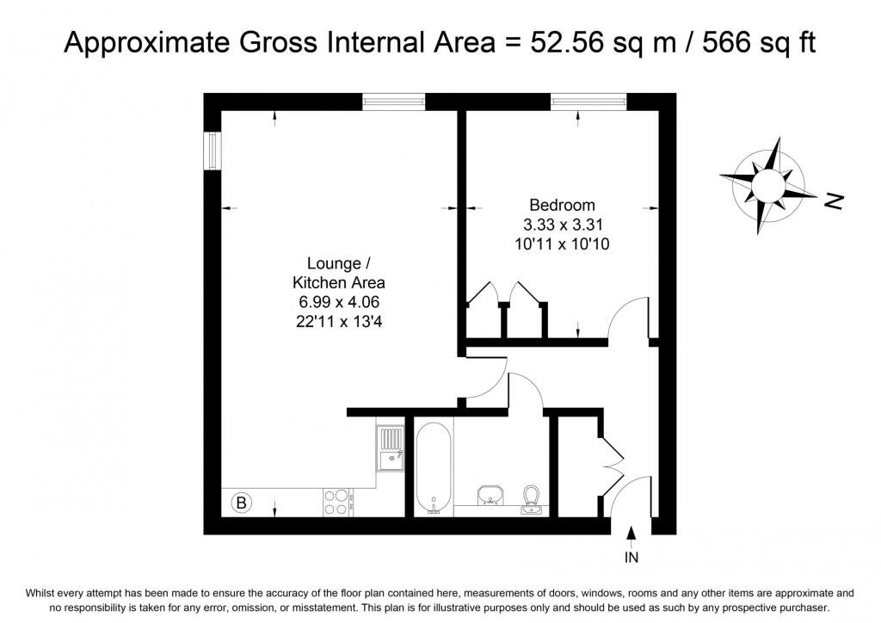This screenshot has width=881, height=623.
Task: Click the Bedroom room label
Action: coord(562,205)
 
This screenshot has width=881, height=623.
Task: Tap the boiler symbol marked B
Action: coord(242,503)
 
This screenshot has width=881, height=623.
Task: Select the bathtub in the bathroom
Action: coord(434,468)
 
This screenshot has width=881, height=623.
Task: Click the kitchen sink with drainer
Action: coord(390,448)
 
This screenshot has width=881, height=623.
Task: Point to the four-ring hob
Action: coord(336,503)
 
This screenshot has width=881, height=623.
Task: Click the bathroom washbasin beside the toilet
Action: coord(490,496)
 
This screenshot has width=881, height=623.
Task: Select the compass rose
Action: coord(768,185)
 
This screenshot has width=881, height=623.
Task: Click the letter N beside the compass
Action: coord(835,201)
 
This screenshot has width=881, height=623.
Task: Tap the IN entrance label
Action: coord(631,558)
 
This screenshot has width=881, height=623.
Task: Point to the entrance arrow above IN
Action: coord(631,536)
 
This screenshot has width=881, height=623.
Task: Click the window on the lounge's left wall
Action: coord(213,150)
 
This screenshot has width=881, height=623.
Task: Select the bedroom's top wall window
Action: coord(588,102)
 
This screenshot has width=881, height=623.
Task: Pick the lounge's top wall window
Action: coord(393,102)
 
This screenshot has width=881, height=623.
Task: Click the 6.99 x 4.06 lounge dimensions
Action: coord(339,302)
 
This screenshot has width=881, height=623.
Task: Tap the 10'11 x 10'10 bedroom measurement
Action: coord(562,244)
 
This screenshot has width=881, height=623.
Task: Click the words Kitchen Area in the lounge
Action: coord(339,282)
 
